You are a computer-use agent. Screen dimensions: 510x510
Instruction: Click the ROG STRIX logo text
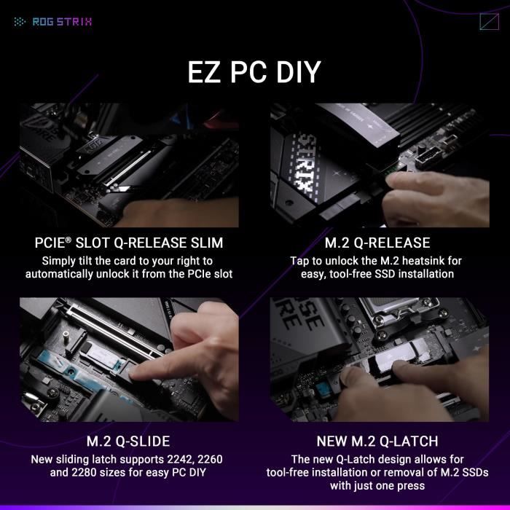point(62,21)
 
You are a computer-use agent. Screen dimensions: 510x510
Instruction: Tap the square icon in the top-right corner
point(489,21)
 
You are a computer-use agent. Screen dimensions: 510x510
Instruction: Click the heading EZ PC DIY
point(254,74)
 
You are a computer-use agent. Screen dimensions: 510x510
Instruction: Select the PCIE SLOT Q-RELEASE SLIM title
point(129,243)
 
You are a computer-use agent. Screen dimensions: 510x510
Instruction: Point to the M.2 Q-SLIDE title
point(129,442)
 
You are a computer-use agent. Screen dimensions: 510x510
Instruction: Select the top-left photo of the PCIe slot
point(129,165)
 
